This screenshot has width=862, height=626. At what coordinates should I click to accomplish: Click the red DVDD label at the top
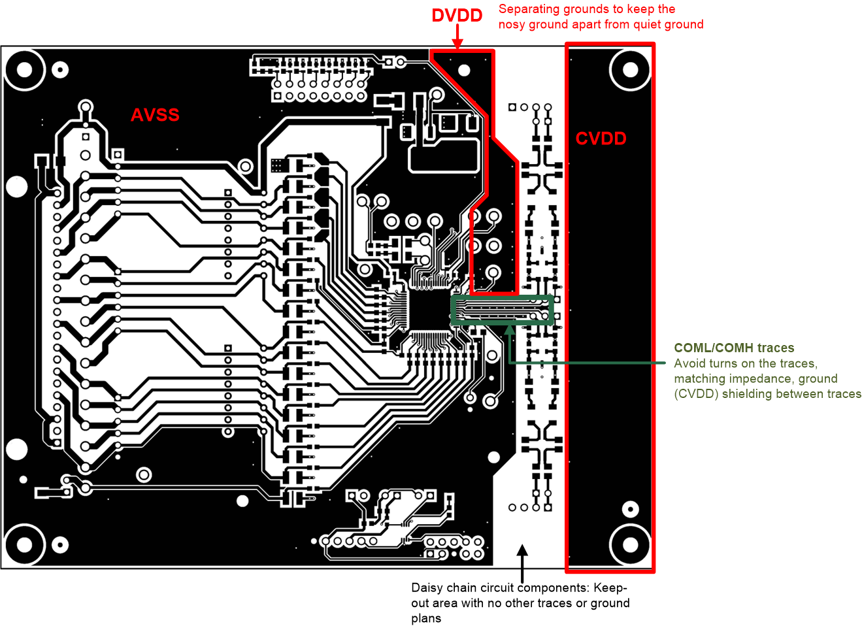(x=457, y=16)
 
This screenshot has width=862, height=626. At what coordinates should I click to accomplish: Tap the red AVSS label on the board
(x=155, y=115)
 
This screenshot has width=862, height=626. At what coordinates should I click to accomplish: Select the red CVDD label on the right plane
(x=601, y=139)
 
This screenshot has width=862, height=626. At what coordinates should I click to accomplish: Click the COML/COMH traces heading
(x=734, y=348)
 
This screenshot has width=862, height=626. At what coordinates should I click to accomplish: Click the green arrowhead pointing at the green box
(x=509, y=329)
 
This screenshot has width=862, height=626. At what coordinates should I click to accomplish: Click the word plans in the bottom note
(x=426, y=618)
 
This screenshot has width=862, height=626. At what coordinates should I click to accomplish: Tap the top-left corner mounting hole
(x=24, y=69)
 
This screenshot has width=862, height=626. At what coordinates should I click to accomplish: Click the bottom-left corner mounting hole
(x=24, y=544)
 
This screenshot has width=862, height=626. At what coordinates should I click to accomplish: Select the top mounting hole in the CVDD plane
(x=630, y=70)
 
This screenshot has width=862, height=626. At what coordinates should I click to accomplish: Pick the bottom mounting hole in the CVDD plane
(x=630, y=544)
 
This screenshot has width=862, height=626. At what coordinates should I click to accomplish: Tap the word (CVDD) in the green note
(x=696, y=394)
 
